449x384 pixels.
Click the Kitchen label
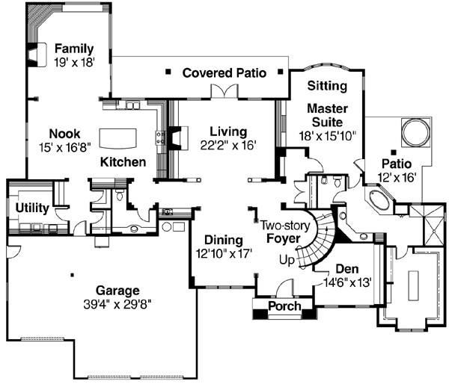click(123, 161)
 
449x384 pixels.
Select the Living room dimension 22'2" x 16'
click(228, 145)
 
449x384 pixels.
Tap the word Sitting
click(328, 87)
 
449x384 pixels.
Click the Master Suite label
click(326, 115)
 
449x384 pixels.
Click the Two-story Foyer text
click(282, 232)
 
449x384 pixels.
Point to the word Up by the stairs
click(286, 260)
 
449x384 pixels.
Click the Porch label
click(284, 306)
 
